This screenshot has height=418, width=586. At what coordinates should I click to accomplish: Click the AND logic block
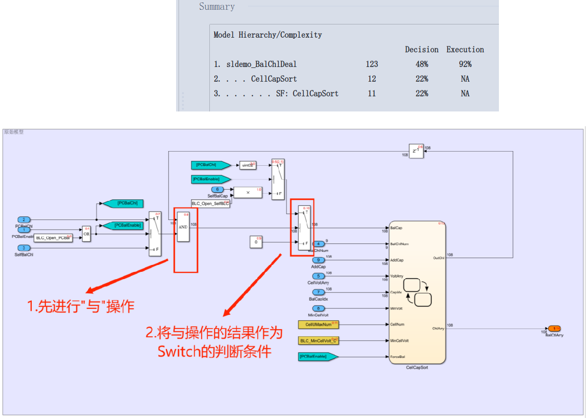coord(183,227)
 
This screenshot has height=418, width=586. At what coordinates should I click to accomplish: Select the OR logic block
coord(87,234)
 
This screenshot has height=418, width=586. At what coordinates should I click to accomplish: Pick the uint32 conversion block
coord(248,165)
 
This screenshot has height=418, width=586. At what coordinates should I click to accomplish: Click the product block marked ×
coord(248,193)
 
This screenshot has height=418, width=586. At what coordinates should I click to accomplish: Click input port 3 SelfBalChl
coord(23,248)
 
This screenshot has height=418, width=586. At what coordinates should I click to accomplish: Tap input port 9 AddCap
coord(318,260)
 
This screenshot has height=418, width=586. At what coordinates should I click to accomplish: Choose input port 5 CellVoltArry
coord(318,276)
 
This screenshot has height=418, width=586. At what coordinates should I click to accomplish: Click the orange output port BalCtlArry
coord(554,329)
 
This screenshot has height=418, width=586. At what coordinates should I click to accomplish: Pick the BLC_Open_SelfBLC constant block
coord(210,203)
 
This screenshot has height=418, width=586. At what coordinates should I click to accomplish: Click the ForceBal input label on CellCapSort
coord(398,357)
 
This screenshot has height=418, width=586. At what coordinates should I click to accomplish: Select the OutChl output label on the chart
coord(438,258)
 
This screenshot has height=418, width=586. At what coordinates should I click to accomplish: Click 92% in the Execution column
coord(465,64)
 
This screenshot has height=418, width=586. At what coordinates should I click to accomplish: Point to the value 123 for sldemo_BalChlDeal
coord(371,64)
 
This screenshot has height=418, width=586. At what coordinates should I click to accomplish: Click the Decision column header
coord(421,49)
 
